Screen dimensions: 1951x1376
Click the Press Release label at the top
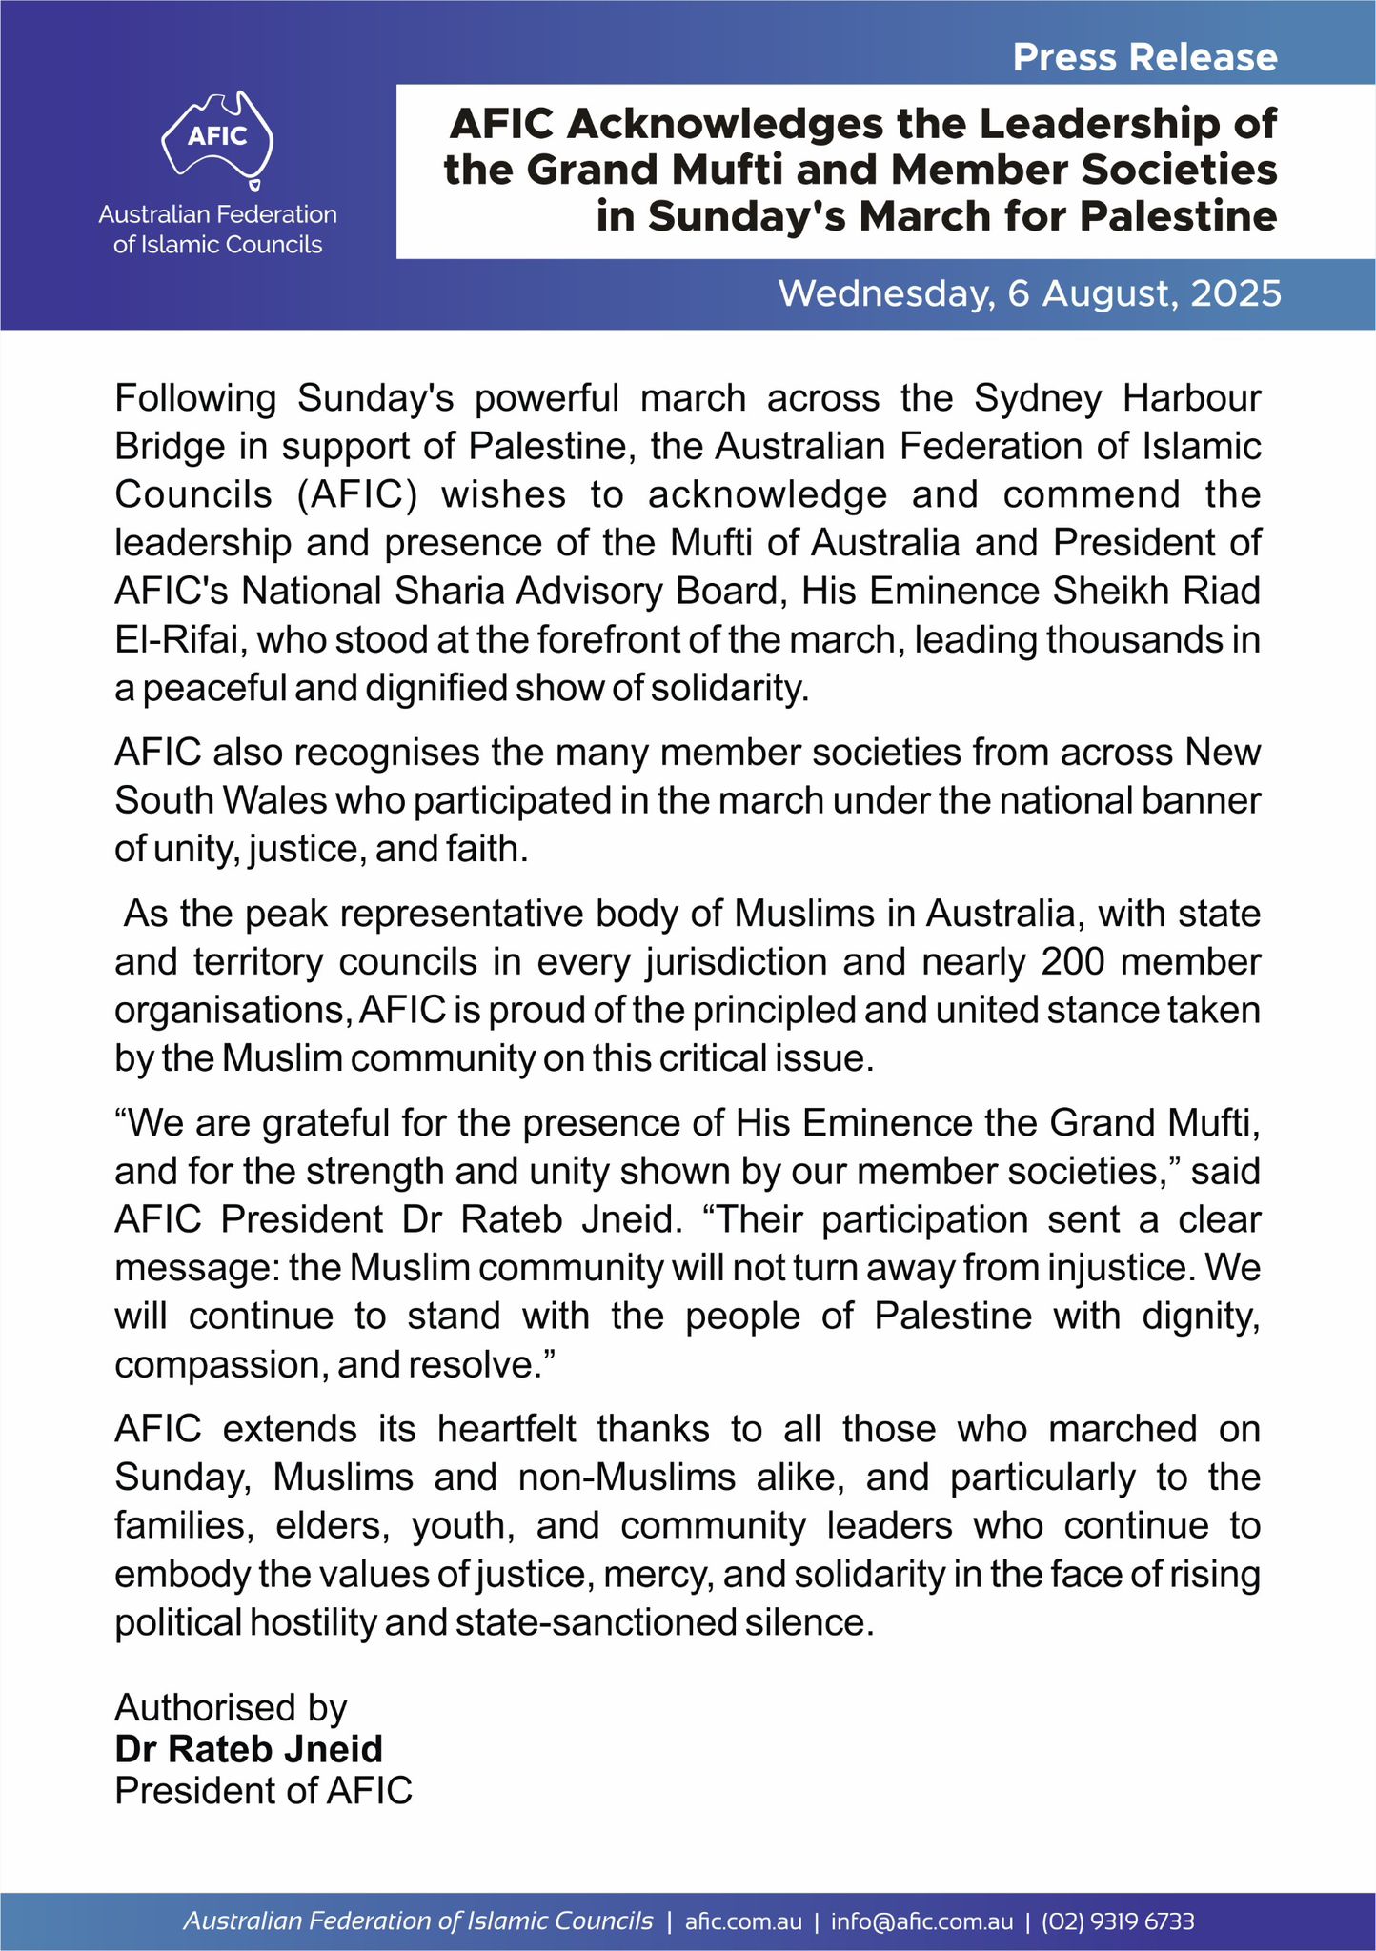1144,58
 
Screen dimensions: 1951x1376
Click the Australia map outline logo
218,136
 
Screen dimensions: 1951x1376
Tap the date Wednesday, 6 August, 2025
1029,293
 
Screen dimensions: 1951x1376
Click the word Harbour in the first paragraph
1192,397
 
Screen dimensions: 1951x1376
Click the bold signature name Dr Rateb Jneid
249,1749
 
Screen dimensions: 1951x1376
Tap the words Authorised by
231,1707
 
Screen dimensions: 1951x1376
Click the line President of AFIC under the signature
264,1791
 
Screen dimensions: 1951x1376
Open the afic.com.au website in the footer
743,1921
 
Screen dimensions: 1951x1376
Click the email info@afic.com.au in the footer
921,1921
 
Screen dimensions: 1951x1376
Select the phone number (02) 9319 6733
1118,1921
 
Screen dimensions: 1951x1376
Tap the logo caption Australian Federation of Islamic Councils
218,230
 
